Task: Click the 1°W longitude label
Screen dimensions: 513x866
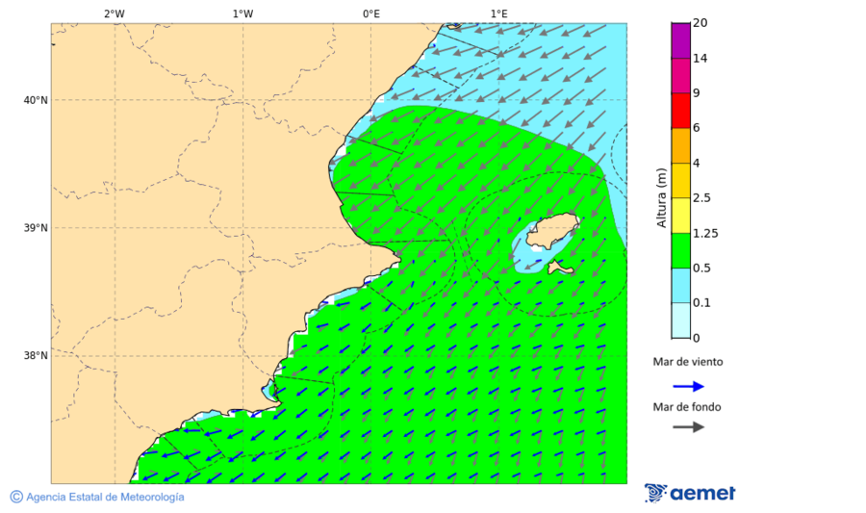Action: (242, 13)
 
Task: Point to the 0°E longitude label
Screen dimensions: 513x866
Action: (370, 13)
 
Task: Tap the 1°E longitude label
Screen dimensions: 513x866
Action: (498, 13)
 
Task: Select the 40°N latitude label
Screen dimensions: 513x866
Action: (36, 100)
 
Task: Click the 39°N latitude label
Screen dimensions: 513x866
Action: (36, 228)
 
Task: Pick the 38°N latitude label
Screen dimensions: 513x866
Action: (36, 356)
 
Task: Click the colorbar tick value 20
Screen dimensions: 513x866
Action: (700, 24)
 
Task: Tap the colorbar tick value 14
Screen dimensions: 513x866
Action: (700, 59)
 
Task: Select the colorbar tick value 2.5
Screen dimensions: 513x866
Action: (702, 198)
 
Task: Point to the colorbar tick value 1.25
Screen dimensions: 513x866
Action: (705, 233)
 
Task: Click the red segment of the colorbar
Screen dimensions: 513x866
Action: (680, 111)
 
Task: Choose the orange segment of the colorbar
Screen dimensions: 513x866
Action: (680, 145)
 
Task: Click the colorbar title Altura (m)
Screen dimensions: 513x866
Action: (661, 197)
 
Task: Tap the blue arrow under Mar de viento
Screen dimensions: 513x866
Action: (688, 386)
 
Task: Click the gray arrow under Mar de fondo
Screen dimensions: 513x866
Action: (688, 427)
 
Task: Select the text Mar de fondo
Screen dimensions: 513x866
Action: (687, 407)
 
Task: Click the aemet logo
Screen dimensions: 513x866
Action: (690, 493)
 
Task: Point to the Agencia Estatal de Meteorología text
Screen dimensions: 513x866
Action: (104, 497)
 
